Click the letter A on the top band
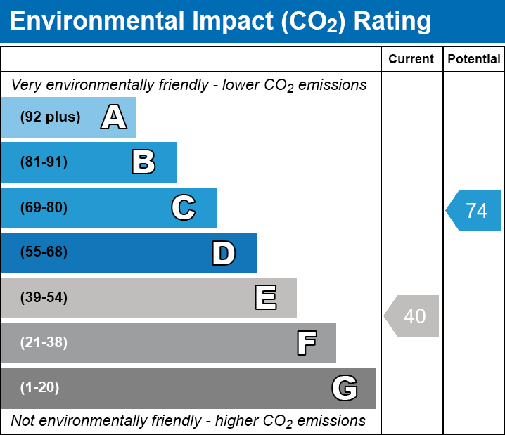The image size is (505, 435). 113,117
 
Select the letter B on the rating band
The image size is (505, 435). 143,162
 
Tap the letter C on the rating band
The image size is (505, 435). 183,208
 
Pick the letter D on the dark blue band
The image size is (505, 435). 224,253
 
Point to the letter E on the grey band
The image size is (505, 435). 265,298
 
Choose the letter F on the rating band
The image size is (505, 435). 306,343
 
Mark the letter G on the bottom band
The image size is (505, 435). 345,388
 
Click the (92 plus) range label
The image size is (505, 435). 50,117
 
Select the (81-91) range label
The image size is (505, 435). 44,162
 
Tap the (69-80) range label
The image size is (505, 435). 44,208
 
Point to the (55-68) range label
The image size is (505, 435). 44,252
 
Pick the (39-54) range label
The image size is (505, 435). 44,298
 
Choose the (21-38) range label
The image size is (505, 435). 44,343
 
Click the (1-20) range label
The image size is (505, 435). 39,388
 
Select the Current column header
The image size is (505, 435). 411,60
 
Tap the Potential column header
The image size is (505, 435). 474,60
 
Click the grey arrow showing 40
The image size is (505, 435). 413,316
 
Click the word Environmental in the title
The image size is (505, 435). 96,22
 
